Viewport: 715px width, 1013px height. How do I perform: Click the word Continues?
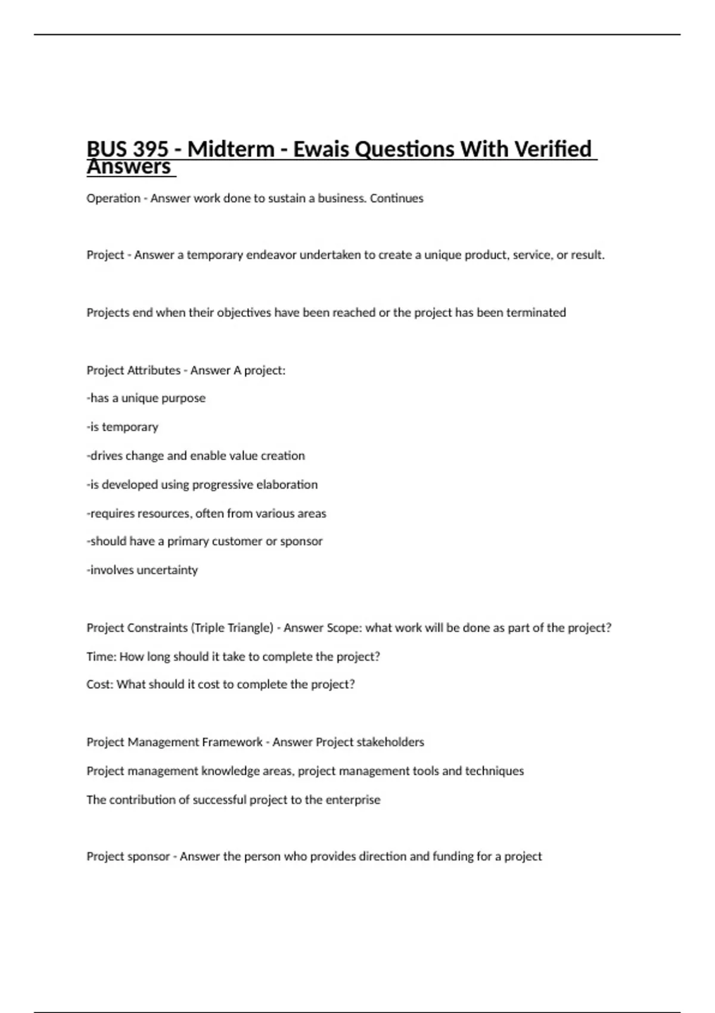396,198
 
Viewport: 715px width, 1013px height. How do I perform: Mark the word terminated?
536,313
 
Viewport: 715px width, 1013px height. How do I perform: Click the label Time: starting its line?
101,657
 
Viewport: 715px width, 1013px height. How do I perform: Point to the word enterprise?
352,800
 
